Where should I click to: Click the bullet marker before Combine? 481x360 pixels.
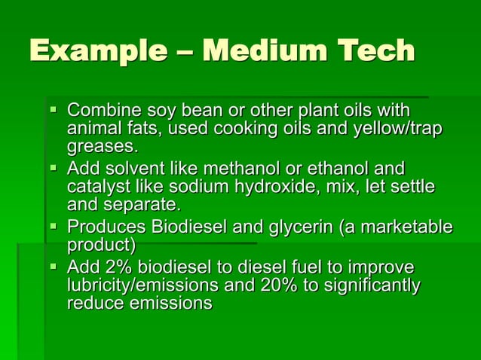(53, 110)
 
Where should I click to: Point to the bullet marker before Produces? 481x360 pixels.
(53, 226)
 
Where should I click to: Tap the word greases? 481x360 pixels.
(103, 145)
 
